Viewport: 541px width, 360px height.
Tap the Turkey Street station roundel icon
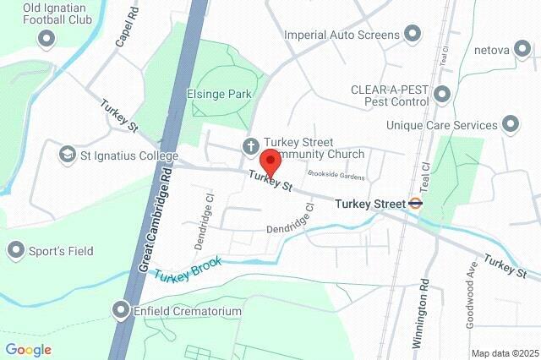tap(415, 204)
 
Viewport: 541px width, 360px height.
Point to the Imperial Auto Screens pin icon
tap(413, 35)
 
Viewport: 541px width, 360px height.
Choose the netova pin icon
tap(524, 50)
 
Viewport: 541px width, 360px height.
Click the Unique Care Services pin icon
tap(511, 125)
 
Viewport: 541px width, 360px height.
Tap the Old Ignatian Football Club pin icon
tap(46, 37)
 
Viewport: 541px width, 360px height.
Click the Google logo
tap(29, 349)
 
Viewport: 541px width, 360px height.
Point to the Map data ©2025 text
tap(504, 352)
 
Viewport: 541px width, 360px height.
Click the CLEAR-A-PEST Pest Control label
tap(391, 95)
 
